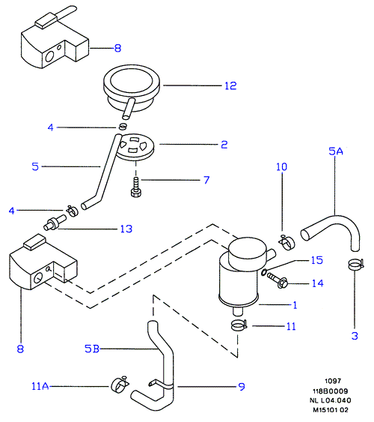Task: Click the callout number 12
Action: (x=230, y=86)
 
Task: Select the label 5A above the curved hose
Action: (x=336, y=151)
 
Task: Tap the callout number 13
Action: (x=126, y=229)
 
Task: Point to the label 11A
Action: (x=40, y=387)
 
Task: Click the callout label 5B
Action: (x=92, y=349)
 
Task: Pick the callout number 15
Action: (x=317, y=260)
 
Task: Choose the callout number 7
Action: (x=206, y=180)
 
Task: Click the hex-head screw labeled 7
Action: (x=136, y=187)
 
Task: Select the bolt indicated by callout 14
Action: (x=277, y=280)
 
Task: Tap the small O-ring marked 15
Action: (x=264, y=272)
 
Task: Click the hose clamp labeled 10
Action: (x=286, y=241)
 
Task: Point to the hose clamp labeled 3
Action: (x=355, y=265)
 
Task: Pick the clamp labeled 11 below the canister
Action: (x=239, y=325)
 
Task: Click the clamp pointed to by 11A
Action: (x=120, y=384)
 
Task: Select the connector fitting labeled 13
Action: (x=55, y=223)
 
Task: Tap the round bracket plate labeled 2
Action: (x=135, y=147)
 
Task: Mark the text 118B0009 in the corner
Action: (x=330, y=391)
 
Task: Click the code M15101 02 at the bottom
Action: (x=331, y=410)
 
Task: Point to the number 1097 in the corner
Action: (x=333, y=381)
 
